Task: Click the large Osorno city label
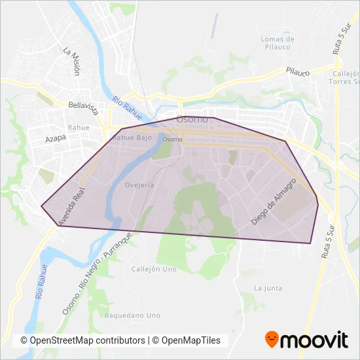point(192,120)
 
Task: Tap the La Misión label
point(71,61)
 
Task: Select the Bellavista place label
point(82,105)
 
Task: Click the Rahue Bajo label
point(132,138)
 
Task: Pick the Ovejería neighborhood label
point(139,185)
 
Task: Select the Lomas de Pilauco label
point(278,43)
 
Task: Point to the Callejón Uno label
point(154,269)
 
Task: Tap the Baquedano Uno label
point(132,315)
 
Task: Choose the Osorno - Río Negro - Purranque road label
point(97,274)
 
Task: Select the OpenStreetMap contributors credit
point(82,340)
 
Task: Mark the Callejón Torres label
point(346,78)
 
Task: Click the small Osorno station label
point(172,139)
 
